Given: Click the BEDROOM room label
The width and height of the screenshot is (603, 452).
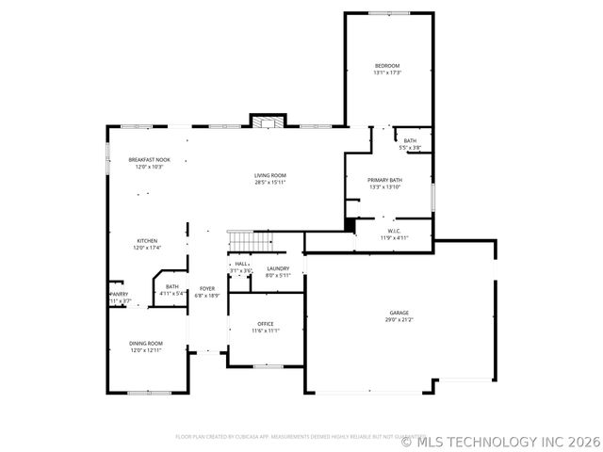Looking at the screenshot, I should pos(388,65).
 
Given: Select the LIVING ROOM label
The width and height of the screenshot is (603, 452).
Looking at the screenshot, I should pos(270,175).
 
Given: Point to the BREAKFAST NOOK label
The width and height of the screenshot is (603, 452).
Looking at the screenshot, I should pos(149,160).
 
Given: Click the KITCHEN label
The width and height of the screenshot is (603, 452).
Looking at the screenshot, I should pos(147,241).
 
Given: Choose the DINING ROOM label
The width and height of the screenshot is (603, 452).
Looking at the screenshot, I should pos(146,343).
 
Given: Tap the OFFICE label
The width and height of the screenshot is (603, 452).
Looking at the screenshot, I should pos(266,324).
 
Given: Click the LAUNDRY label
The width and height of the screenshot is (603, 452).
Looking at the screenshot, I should pos(277,268).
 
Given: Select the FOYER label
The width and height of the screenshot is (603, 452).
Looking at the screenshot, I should pos(206,288).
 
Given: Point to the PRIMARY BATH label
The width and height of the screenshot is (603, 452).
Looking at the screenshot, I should pos(384,180).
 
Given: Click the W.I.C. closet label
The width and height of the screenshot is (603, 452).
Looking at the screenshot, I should pos(395,231).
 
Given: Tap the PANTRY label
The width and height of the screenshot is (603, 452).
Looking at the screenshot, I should pos(120,295).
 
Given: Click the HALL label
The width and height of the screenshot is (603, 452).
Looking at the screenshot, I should pos(241,264).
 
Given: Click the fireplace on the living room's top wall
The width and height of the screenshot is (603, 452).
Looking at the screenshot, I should pos(268,121).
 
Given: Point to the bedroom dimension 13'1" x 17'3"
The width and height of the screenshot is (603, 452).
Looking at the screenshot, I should pos(388,73).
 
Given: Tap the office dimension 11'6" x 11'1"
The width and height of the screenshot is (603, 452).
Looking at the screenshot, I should pos(266,331).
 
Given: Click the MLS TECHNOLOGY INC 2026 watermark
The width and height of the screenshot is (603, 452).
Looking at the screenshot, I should pos(500,441).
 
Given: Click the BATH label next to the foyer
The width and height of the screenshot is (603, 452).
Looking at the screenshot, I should pos(172,286).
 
